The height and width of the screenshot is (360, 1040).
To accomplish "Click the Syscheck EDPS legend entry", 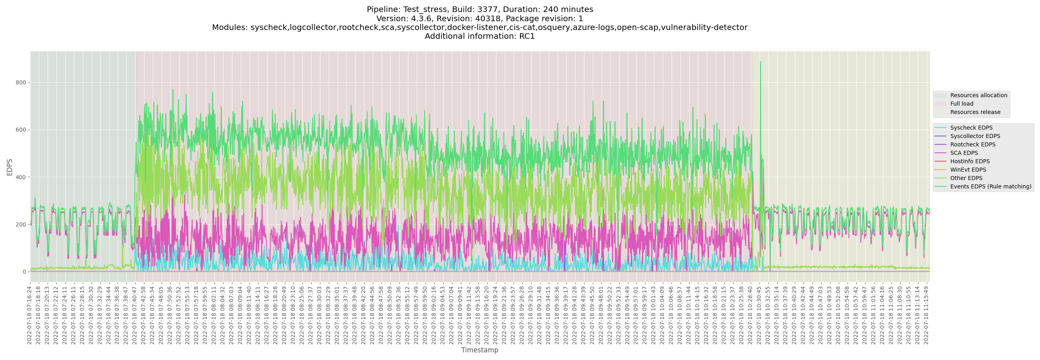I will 971,128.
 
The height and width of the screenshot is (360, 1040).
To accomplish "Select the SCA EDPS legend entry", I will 964,153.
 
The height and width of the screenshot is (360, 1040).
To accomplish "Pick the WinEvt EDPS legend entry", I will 968,170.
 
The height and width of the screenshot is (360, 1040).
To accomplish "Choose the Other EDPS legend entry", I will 966,178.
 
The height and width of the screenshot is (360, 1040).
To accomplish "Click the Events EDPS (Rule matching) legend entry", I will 990,186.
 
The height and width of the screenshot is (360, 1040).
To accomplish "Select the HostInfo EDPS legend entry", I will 970,162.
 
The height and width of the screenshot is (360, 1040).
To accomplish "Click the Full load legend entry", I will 962,104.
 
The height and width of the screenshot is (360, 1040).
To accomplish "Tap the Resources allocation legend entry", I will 978,95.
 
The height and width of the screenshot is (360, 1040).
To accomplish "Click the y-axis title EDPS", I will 10,167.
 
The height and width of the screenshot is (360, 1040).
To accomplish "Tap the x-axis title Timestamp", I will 480,350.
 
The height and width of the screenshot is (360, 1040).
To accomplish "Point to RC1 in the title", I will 527,36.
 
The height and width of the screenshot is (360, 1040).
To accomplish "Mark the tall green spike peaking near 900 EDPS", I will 760,63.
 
